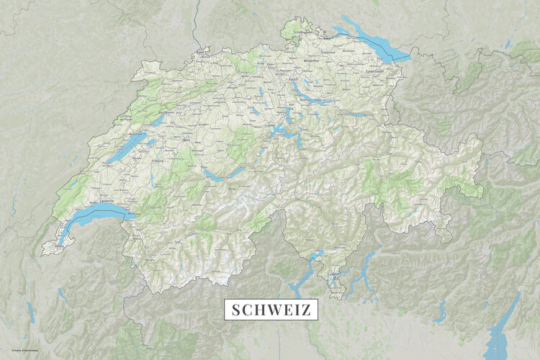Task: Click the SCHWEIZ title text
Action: [271, 310]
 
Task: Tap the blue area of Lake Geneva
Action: [101, 211]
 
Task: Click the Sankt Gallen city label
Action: [376, 71]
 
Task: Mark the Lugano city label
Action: [333, 274]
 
